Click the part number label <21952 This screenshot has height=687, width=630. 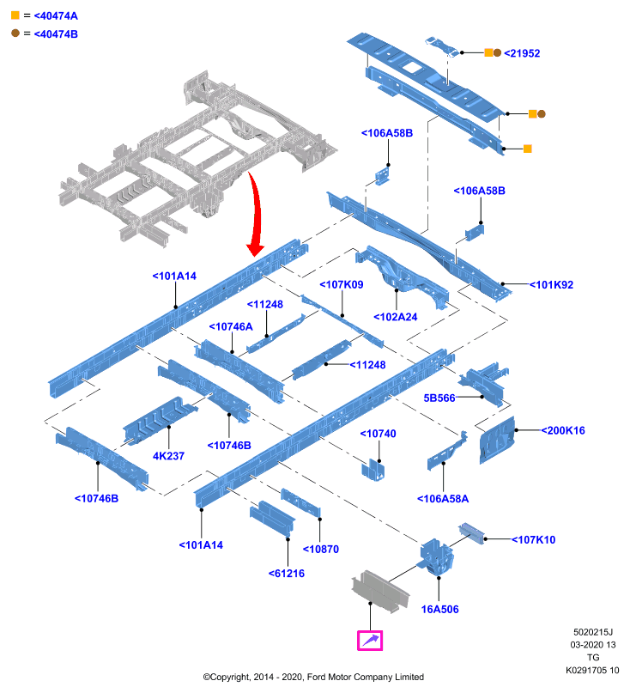[522, 53]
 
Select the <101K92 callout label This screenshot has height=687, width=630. [551, 285]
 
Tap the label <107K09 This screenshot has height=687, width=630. [342, 285]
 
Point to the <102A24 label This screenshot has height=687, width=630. [396, 317]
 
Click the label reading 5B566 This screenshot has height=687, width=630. [439, 398]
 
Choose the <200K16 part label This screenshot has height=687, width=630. [563, 431]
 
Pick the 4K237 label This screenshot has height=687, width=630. [168, 456]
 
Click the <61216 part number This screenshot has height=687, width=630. [287, 574]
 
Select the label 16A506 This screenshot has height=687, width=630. [440, 610]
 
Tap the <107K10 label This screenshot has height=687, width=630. [533, 540]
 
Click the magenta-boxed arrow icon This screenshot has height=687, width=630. [370, 641]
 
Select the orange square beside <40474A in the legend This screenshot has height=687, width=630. [15, 15]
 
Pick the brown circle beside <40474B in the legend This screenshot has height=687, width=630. [15, 33]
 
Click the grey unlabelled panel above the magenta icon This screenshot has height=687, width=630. [380, 591]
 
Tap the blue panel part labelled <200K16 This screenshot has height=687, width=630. [497, 441]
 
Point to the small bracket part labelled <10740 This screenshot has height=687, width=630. [373, 470]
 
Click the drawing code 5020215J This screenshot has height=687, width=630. [593, 632]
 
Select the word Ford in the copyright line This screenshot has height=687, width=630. [317, 677]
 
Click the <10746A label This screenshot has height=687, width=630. [231, 327]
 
